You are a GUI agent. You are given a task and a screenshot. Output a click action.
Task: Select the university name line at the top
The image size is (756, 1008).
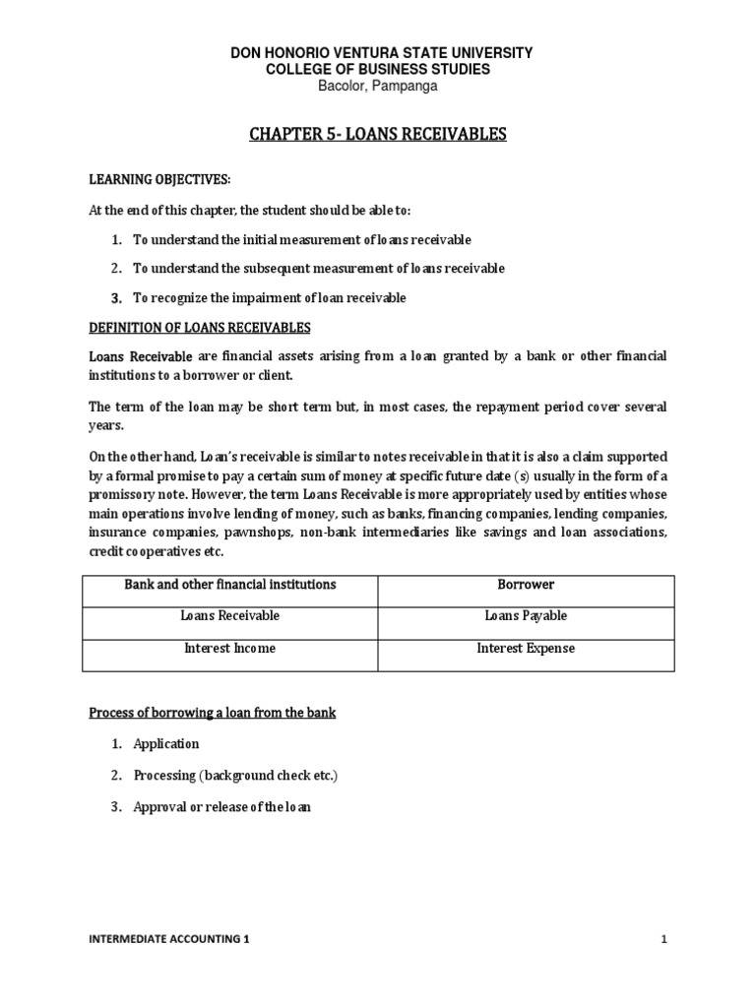click(x=377, y=52)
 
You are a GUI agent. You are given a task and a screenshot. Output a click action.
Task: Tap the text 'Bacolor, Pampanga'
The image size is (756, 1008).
click(x=377, y=86)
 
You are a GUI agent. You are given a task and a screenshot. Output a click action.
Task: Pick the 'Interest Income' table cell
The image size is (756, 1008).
click(x=229, y=649)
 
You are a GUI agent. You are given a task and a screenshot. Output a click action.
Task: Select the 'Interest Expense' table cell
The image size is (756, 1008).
click(x=526, y=649)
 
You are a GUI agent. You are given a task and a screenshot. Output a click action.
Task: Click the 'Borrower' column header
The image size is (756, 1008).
click(x=526, y=585)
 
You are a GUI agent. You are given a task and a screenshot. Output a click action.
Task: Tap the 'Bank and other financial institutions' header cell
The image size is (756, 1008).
click(x=229, y=585)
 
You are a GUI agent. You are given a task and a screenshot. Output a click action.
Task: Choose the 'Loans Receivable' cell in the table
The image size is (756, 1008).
click(x=229, y=616)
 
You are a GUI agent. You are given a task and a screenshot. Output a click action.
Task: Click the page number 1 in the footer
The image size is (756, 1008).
click(x=664, y=940)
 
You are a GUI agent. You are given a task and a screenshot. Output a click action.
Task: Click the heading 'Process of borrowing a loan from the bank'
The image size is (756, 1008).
click(x=213, y=713)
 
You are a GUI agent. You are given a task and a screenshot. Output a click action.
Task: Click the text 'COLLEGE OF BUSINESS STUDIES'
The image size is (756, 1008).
click(x=377, y=69)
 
